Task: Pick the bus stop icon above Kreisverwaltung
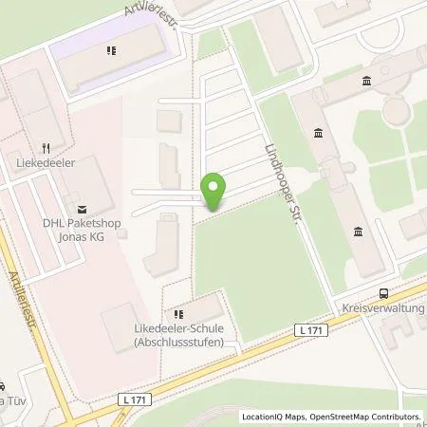coord(382,294)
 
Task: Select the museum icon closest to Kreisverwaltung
coord(357,232)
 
